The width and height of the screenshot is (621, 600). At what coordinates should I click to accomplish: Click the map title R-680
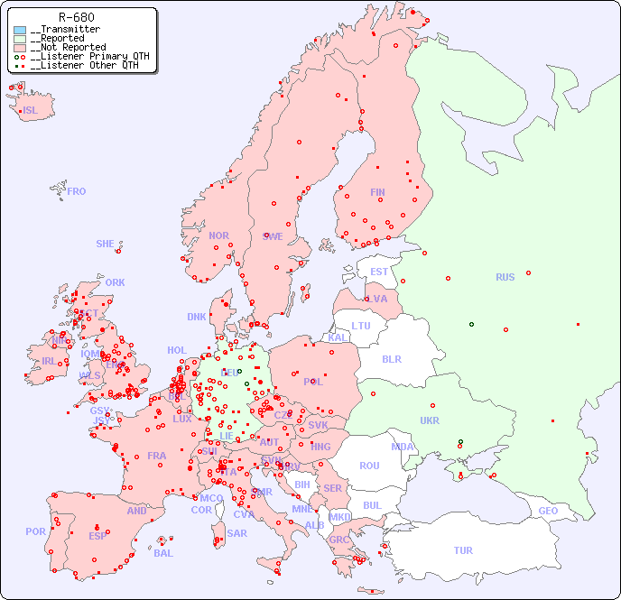click(x=76, y=17)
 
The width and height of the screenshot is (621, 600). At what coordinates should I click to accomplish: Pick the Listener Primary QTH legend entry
click(x=84, y=56)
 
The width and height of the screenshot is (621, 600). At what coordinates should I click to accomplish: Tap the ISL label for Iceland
click(x=31, y=111)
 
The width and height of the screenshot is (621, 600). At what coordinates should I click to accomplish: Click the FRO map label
click(x=77, y=191)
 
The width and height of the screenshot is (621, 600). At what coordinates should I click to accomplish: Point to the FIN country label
click(x=377, y=192)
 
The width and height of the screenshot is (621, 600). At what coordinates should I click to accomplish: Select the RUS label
click(x=505, y=277)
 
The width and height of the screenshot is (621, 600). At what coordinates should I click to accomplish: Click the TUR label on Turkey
click(x=463, y=550)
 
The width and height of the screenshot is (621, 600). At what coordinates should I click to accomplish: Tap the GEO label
click(x=548, y=511)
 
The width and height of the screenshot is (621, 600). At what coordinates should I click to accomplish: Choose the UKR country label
click(x=430, y=420)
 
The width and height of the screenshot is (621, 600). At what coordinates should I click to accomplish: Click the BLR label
click(x=391, y=358)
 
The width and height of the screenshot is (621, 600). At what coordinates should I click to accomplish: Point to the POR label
click(x=35, y=531)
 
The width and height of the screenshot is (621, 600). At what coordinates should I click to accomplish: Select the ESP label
click(x=97, y=535)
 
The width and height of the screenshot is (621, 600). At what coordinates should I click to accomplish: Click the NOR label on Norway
click(x=218, y=235)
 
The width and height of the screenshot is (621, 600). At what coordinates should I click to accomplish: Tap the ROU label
click(x=369, y=466)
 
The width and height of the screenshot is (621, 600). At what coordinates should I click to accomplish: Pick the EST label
click(x=379, y=272)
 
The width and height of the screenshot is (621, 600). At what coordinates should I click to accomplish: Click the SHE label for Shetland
click(x=106, y=244)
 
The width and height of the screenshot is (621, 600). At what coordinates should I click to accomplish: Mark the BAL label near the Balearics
click(x=163, y=553)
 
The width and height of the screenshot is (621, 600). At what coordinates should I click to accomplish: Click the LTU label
click(x=361, y=326)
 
